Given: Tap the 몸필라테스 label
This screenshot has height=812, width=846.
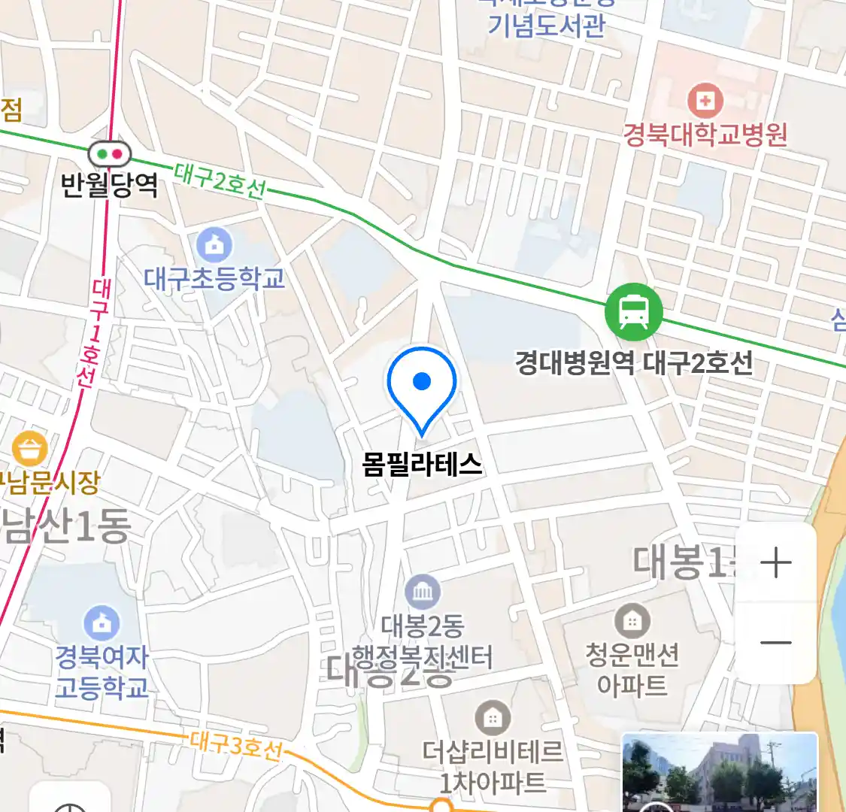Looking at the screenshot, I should point(422,464).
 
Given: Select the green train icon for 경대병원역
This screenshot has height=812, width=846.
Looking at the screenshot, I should point(633,312).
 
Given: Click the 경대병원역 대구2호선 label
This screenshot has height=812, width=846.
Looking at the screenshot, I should point(633,363).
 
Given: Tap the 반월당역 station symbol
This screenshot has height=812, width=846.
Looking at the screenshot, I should point(110,154).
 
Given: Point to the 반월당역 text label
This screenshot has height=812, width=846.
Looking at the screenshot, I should point(110,184).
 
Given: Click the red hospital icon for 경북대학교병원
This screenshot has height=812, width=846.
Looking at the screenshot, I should point(705,100).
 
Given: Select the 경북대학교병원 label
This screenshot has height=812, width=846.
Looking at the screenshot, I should point(705,135).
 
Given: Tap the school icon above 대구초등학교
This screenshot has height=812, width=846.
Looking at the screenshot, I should point(214,245).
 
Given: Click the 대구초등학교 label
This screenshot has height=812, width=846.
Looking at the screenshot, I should point(214,278).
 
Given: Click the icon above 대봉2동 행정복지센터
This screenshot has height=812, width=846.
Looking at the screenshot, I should point(423,592).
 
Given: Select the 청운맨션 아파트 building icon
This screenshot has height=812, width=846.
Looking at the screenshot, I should point(632,621).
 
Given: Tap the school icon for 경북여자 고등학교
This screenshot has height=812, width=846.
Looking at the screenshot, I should point(102,623).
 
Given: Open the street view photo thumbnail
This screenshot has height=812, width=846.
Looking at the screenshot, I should point(719,773).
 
